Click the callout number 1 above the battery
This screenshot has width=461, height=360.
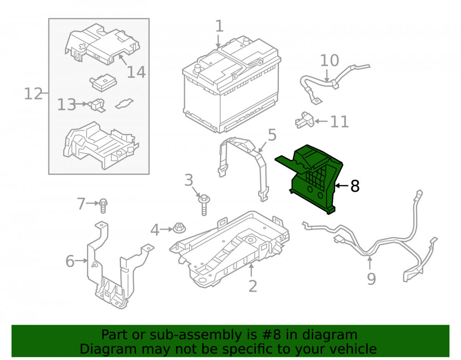[x=219, y=26]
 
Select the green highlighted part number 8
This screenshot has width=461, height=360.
[x=311, y=178]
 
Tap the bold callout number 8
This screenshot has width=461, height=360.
[x=355, y=186]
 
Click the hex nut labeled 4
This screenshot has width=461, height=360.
[x=179, y=228]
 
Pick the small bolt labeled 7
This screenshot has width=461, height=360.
[x=103, y=206]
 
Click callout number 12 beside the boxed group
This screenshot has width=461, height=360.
[x=33, y=94]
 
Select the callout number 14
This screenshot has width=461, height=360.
[x=136, y=72]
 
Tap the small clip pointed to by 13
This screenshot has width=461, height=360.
[x=97, y=105]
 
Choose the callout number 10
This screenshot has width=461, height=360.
[x=329, y=60]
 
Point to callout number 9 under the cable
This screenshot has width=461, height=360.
[x=371, y=279]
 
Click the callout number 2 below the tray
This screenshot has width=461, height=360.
[x=253, y=286]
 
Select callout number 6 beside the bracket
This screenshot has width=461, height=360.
[x=70, y=261]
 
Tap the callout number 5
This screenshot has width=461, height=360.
[x=272, y=135]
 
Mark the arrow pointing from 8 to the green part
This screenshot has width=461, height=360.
[x=342, y=186]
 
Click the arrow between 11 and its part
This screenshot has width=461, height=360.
[x=321, y=121]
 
